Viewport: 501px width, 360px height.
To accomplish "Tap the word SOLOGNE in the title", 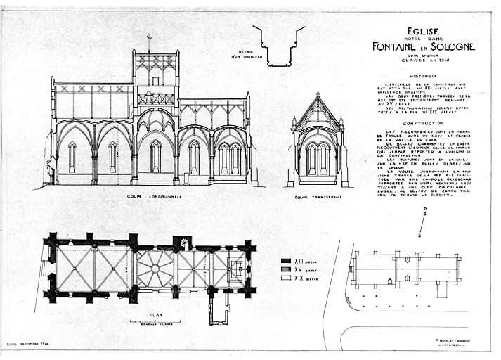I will (x=448, y=46).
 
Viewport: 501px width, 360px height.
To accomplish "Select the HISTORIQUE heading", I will (x=423, y=75).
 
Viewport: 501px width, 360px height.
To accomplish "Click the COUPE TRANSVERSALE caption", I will (x=318, y=197).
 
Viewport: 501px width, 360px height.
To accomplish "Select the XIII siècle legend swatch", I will (x=286, y=260).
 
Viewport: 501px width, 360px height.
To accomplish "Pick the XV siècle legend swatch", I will (x=286, y=269).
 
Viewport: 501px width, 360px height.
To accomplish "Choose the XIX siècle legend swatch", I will (x=286, y=278).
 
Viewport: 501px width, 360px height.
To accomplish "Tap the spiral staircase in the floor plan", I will (x=184, y=243).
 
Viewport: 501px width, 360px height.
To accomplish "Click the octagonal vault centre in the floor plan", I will (x=155, y=268).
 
